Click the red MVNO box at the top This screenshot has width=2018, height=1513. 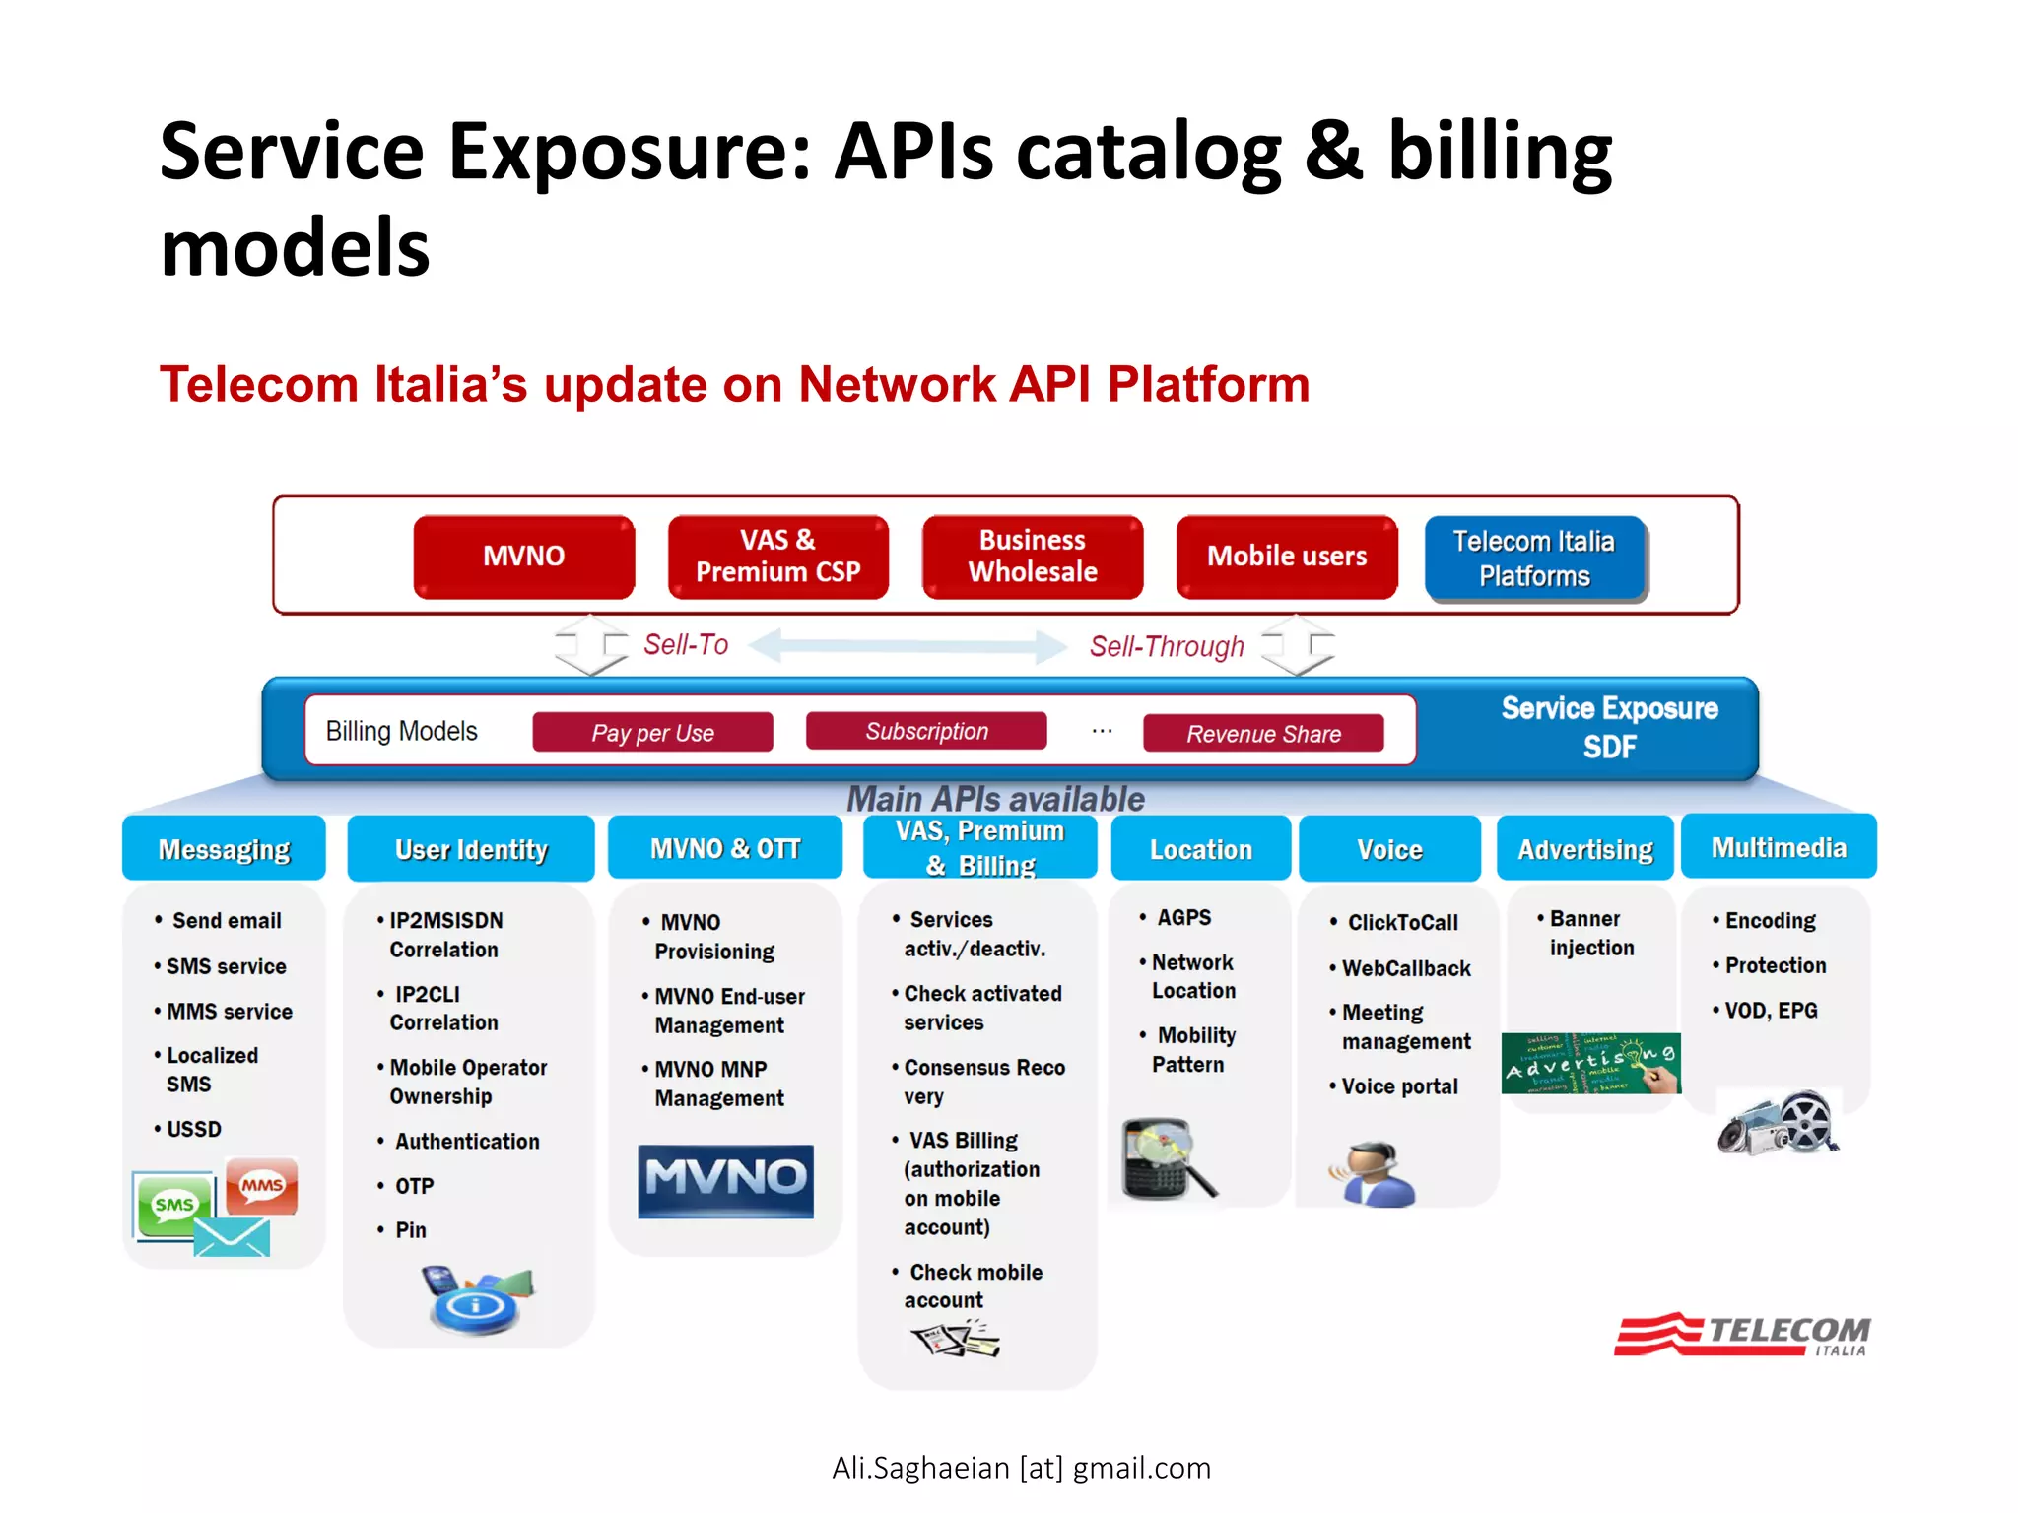523,557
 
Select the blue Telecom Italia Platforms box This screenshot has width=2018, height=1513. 1534,559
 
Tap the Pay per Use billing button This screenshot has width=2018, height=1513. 652,733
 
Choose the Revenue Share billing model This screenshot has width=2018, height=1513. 1263,734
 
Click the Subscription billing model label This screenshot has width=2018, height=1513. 926,731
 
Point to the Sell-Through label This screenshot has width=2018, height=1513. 1167,647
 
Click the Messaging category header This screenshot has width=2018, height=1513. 224,849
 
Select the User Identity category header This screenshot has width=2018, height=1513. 471,849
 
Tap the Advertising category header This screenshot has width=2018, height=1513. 1584,849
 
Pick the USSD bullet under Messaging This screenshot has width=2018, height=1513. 193,1129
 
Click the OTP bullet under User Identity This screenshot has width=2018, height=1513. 414,1186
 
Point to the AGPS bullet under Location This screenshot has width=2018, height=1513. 1183,917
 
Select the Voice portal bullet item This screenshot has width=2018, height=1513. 1399,1086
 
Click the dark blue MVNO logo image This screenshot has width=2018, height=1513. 726,1180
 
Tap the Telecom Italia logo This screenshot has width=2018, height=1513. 1742,1336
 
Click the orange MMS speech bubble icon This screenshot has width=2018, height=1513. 262,1185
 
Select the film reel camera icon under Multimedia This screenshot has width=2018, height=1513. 1779,1123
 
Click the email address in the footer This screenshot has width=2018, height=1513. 1021,1468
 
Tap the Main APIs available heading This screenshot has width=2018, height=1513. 995,798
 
